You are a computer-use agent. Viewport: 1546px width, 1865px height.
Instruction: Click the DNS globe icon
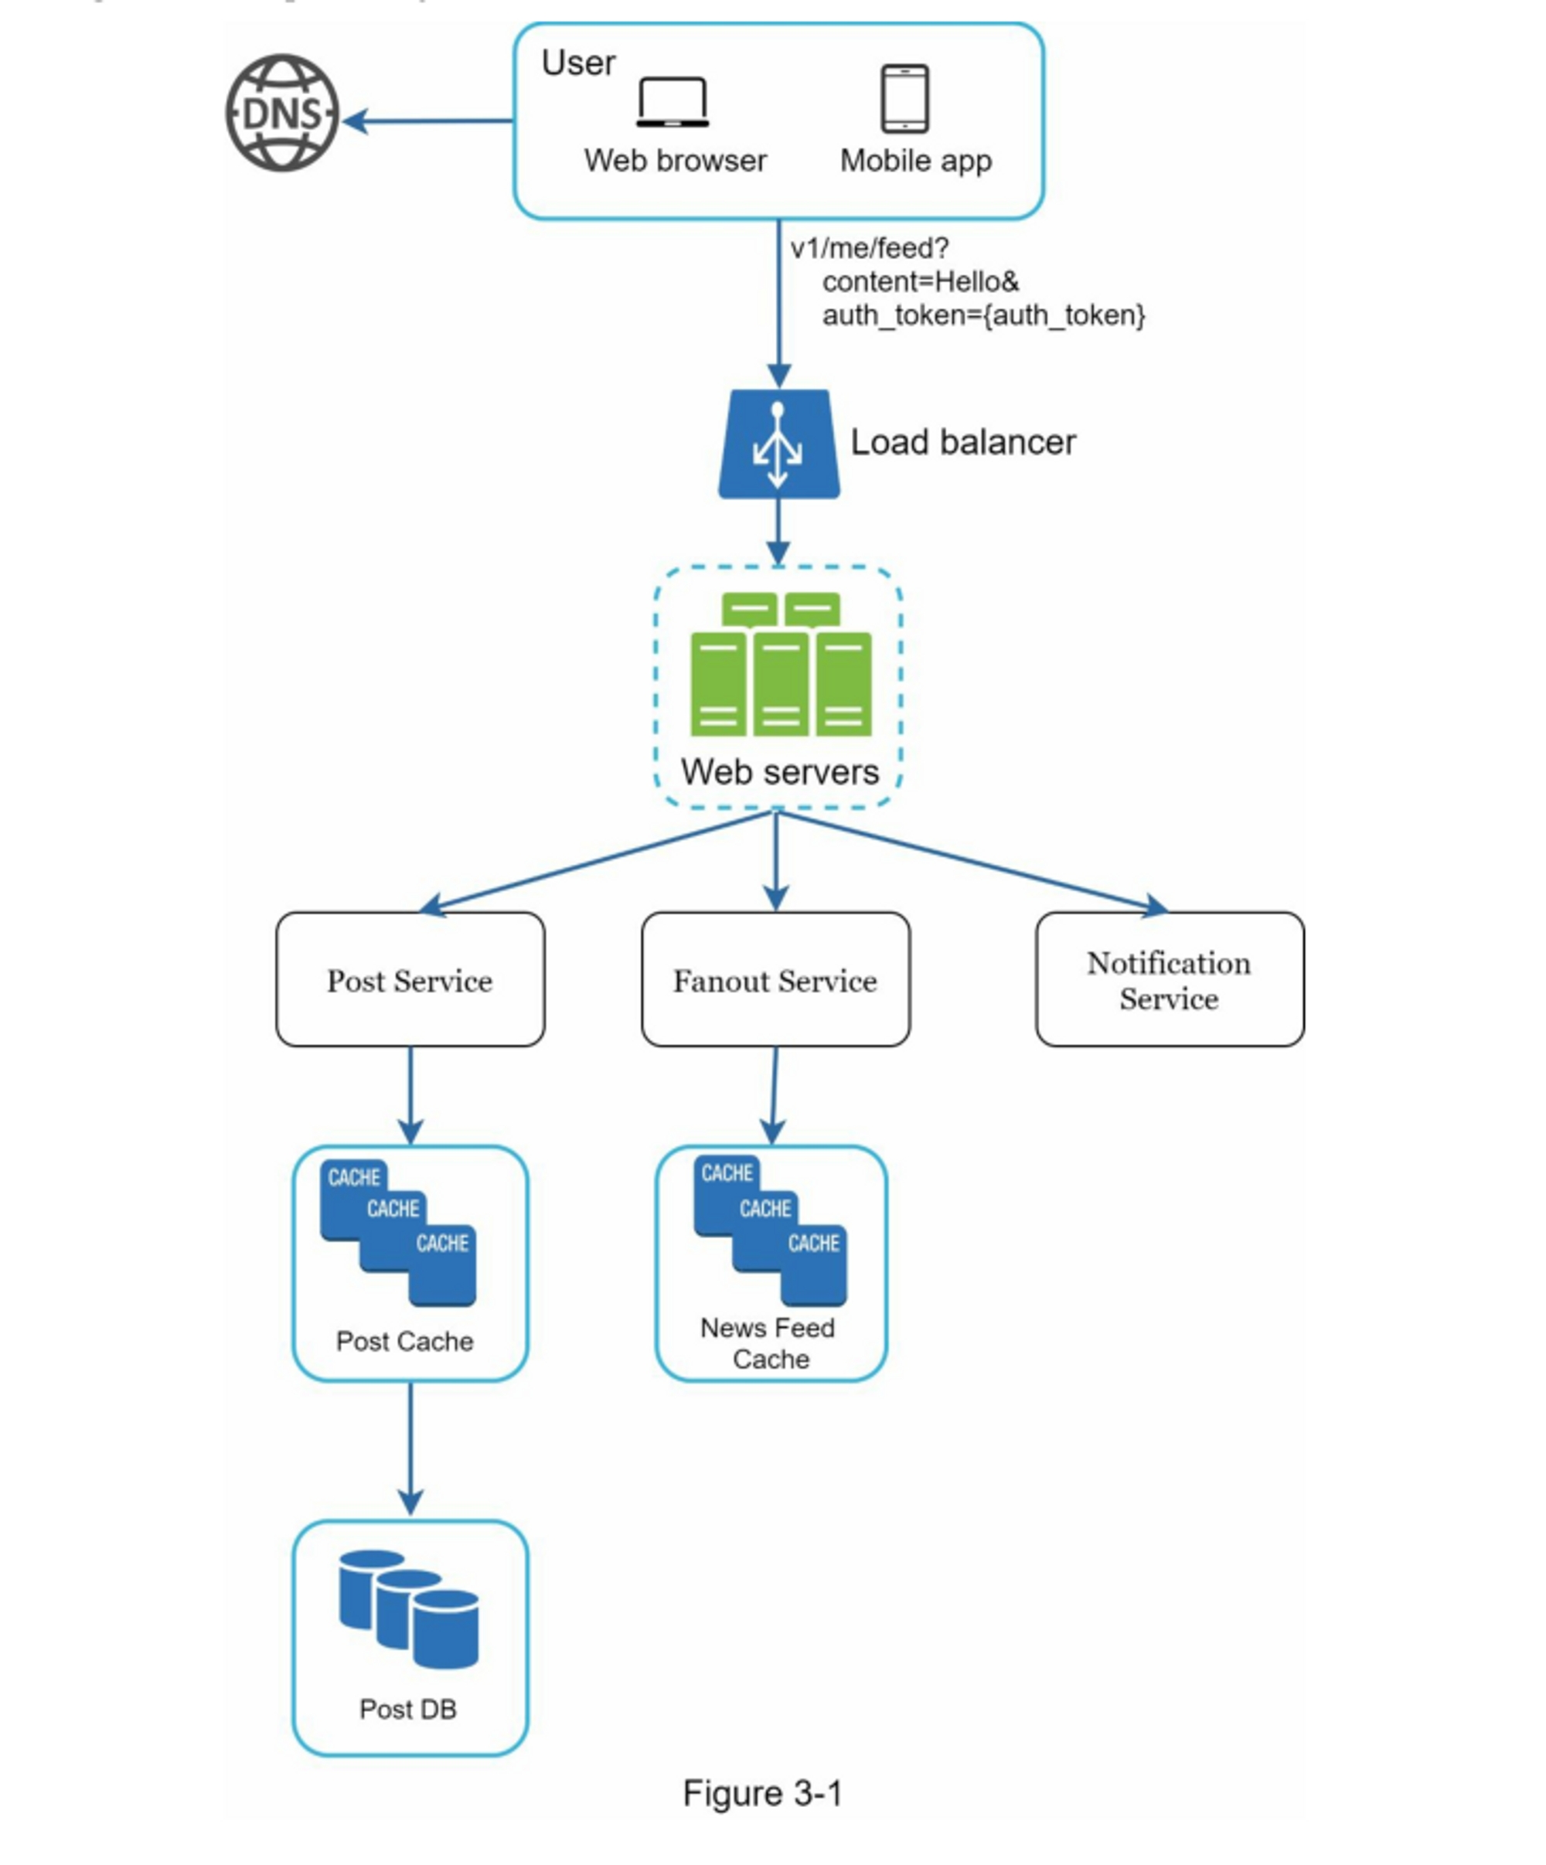(x=281, y=113)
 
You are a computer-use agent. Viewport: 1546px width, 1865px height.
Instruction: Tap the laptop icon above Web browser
(x=673, y=102)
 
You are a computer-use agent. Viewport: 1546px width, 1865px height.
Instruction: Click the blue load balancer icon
(x=778, y=444)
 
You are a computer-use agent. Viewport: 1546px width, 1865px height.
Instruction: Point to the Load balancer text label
(x=962, y=442)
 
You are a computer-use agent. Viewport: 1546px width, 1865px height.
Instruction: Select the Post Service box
(x=410, y=978)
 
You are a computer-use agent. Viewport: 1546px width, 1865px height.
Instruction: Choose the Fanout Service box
(x=775, y=978)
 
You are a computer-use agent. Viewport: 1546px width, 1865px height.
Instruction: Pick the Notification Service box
(x=1169, y=978)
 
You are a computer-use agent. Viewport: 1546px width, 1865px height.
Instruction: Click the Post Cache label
(x=405, y=1341)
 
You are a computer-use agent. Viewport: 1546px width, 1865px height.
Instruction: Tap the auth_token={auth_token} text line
(x=983, y=315)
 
